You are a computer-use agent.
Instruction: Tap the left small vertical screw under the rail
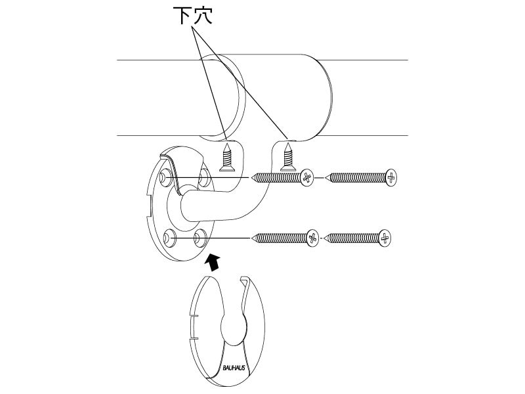[227, 157]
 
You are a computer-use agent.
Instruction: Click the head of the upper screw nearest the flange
[306, 177]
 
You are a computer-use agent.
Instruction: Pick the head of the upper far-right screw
[391, 177]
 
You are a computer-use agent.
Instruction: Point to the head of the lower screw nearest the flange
[312, 237]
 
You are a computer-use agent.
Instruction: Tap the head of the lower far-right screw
[385, 237]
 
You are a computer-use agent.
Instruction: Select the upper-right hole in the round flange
[204, 175]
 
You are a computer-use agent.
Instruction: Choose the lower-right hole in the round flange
[201, 235]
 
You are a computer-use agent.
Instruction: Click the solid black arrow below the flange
[212, 261]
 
